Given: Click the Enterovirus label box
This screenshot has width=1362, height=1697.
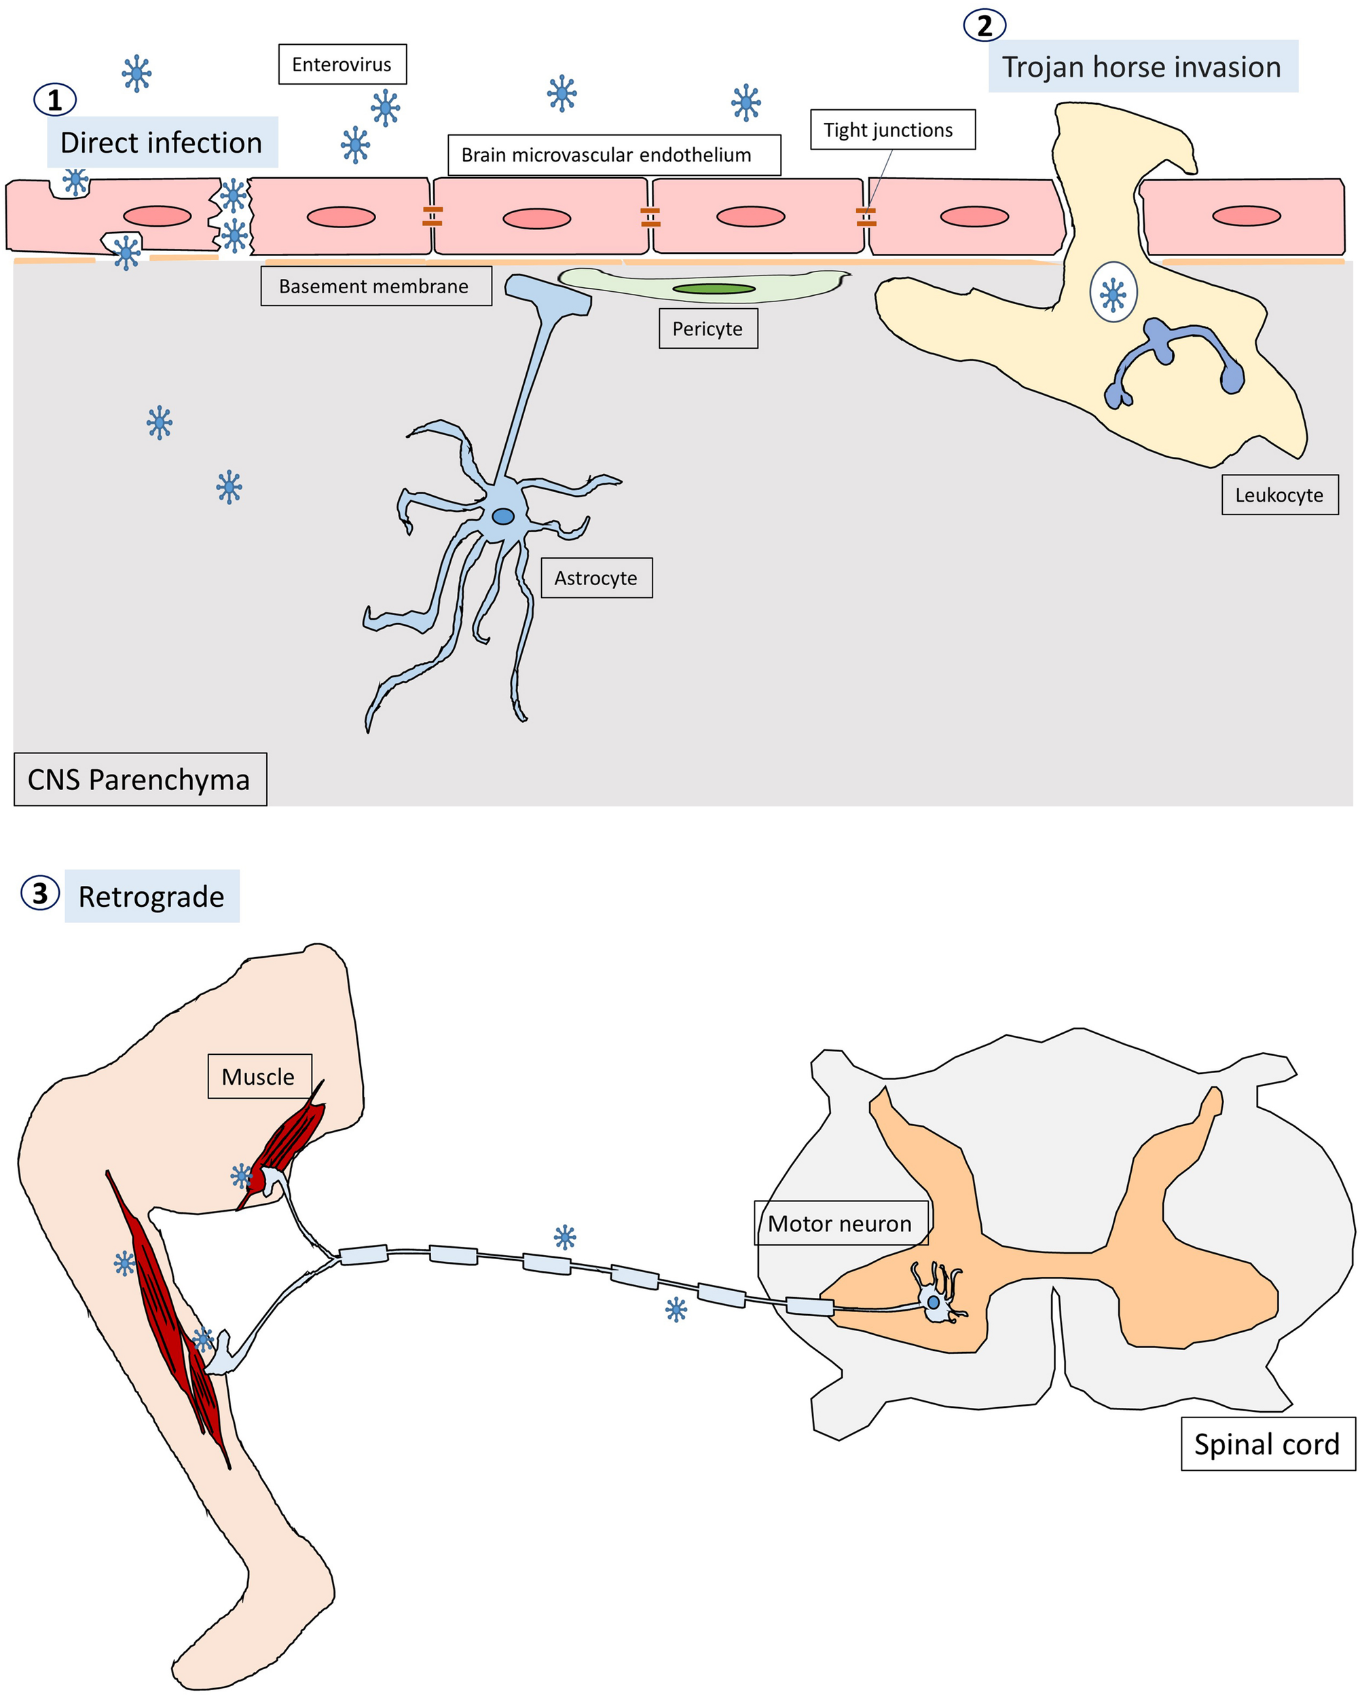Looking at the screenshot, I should (342, 64).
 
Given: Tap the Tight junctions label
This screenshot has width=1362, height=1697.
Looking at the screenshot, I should (892, 130).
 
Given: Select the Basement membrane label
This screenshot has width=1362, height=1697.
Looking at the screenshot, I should (375, 286).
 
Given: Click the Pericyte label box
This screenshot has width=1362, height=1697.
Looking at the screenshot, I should (707, 329).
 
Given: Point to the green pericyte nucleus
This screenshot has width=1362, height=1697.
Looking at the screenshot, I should (714, 289).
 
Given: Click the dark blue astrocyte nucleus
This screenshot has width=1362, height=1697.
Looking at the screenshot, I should (503, 517).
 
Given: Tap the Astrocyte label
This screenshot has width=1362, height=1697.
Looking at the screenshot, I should (596, 578).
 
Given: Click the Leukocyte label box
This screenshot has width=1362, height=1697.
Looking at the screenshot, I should (1279, 495).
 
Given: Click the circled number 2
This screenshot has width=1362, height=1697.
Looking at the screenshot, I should (984, 26).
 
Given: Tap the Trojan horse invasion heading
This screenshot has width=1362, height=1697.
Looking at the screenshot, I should (1141, 67).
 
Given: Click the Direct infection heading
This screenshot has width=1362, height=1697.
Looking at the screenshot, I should (162, 143).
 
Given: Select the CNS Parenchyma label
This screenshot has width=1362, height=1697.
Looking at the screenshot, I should (139, 779).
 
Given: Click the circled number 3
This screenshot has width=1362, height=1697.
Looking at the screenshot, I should (40, 893).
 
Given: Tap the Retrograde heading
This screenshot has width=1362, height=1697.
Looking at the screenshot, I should (151, 897).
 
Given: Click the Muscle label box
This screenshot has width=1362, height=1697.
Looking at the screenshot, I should (259, 1077).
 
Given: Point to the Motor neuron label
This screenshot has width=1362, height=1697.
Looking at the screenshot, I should (840, 1223).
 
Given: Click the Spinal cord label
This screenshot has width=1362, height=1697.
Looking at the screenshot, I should (1267, 1444).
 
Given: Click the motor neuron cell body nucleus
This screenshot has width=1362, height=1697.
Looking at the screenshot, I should (933, 1303).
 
